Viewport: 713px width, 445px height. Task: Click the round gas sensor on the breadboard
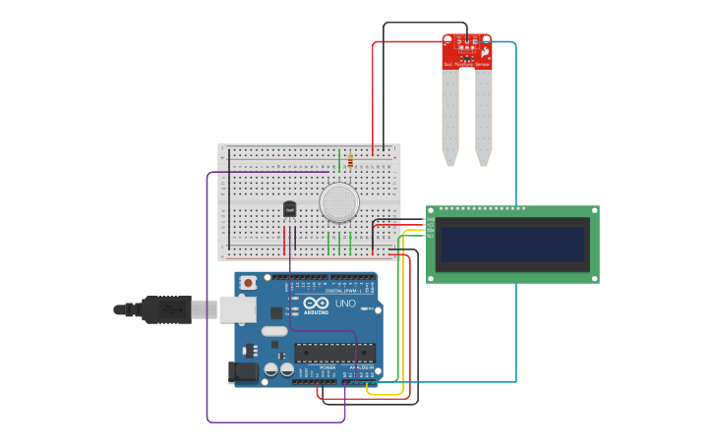pos(339,202)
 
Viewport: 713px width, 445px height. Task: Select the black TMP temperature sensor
pos(289,209)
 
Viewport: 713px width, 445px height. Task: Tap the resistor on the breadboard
pos(350,160)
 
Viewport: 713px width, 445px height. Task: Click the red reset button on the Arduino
pos(248,283)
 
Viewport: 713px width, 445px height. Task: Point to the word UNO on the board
pos(345,304)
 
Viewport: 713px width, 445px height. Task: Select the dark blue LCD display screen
pos(512,245)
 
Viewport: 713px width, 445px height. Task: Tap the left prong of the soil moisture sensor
pos(450,118)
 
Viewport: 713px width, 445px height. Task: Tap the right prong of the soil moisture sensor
pos(483,118)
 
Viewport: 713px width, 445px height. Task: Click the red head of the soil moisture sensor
pos(467,52)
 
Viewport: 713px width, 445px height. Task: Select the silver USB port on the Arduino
pos(237,309)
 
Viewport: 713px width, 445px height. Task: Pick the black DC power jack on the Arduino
pos(243,372)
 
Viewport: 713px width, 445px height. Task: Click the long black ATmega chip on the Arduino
pos(334,353)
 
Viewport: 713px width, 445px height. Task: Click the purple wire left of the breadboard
pos(208,295)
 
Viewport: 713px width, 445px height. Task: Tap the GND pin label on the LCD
pos(430,219)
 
